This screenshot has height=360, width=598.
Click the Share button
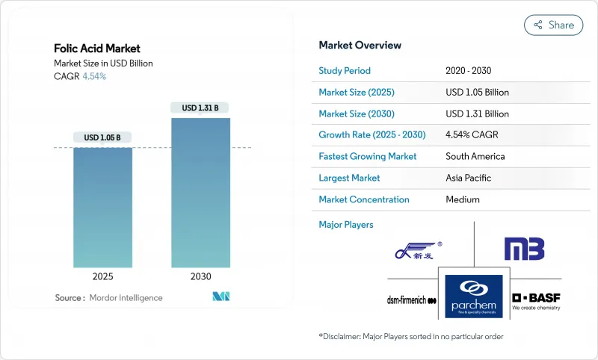pos(553,25)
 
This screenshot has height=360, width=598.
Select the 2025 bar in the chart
pos(103,207)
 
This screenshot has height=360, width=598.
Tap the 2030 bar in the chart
pos(200,192)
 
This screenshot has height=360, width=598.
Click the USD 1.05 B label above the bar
pos(103,137)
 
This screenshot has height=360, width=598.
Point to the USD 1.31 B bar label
pos(200,108)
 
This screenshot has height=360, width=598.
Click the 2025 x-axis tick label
pos(103,276)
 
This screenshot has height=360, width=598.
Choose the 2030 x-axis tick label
pos(200,276)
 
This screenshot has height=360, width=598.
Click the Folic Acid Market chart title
pos(97,49)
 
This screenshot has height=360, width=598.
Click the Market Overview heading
pos(360,46)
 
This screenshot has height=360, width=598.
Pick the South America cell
pos(475,157)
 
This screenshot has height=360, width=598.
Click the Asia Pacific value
pos(469,178)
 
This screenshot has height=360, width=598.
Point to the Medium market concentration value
pos(462,199)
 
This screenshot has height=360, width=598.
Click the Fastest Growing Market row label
pos(367,157)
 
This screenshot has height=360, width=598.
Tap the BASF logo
pos(536,300)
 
